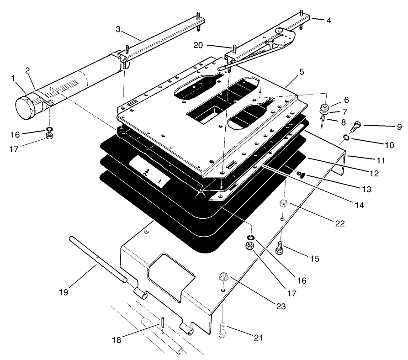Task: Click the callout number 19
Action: click(64, 291)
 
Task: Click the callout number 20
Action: click(197, 45)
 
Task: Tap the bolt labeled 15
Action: click(281, 249)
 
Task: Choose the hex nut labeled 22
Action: click(283, 203)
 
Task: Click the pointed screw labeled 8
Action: click(323, 120)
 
